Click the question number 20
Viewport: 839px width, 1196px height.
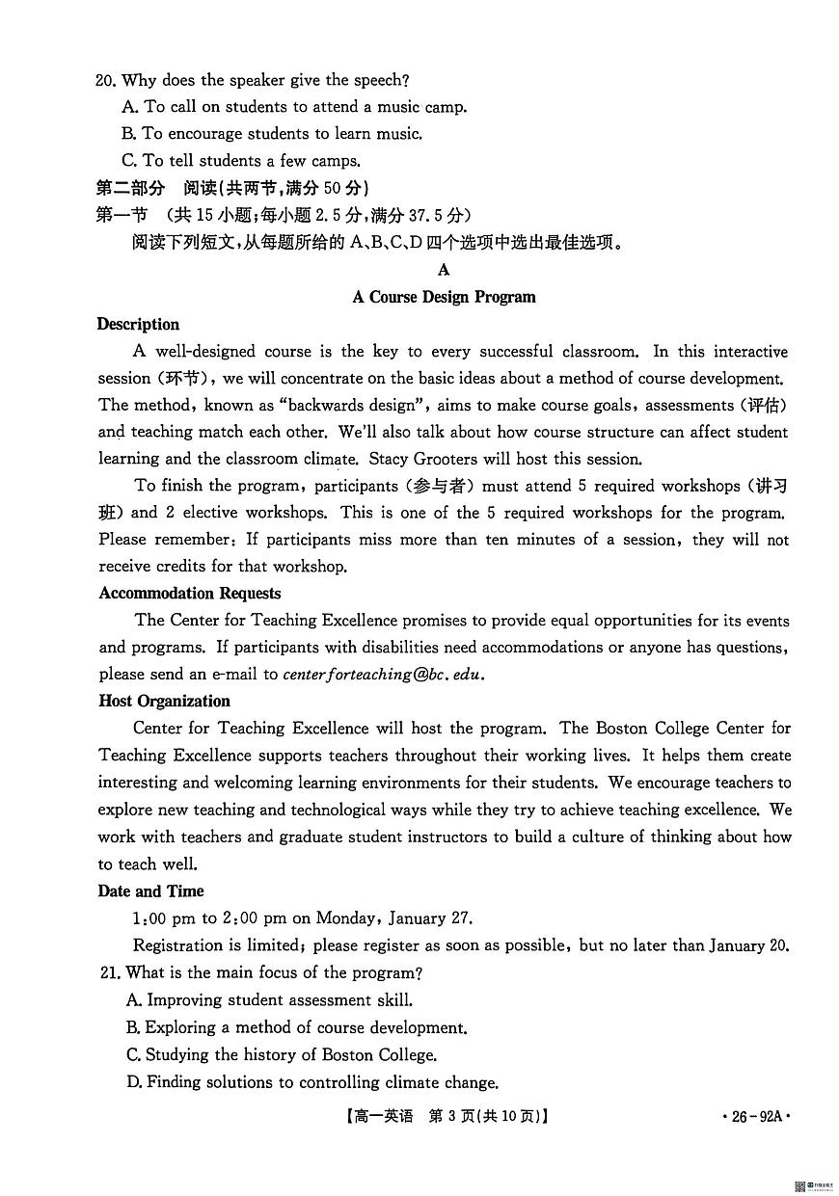point(106,81)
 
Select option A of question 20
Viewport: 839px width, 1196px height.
point(294,107)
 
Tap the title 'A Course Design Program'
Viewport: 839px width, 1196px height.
point(444,297)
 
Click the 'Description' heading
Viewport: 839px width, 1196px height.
point(138,325)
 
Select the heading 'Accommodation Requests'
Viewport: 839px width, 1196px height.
point(189,594)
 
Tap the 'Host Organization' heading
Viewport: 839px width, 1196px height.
point(164,702)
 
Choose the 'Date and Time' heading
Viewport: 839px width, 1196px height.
point(150,891)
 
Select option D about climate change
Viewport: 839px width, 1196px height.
point(312,1082)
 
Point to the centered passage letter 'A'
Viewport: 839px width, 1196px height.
point(444,270)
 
